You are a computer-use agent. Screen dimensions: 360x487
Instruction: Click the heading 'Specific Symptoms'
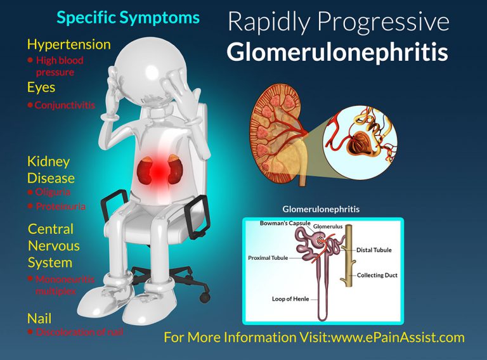tap(127, 17)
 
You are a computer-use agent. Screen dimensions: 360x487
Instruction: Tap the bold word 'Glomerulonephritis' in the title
tap(337, 53)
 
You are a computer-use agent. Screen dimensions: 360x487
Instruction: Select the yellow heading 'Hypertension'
tap(68, 44)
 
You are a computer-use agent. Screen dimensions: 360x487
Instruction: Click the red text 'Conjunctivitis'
tap(65, 105)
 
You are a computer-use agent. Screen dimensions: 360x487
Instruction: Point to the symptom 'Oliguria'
tap(53, 192)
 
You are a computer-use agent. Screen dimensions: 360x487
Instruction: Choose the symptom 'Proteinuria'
tap(60, 207)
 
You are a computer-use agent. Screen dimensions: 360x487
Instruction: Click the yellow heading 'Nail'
tap(39, 318)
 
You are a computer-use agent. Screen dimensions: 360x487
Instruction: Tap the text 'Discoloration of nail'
tap(79, 332)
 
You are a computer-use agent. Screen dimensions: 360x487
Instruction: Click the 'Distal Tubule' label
tap(374, 250)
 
